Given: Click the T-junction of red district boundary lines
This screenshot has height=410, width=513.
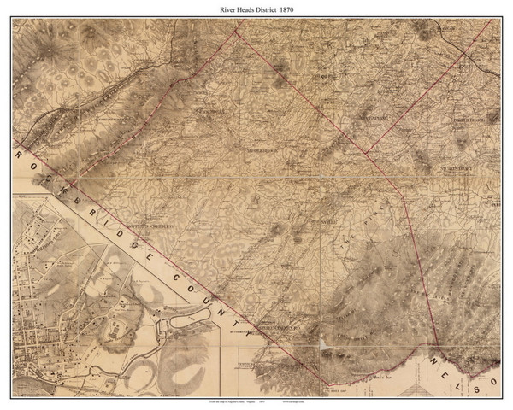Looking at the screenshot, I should pyautogui.click(x=365, y=153).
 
